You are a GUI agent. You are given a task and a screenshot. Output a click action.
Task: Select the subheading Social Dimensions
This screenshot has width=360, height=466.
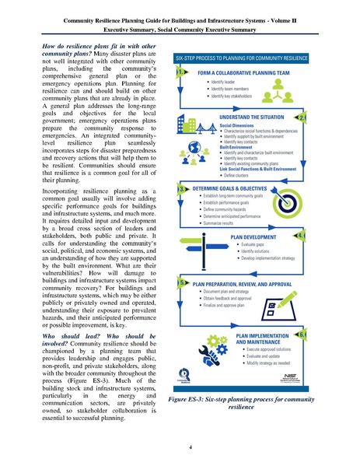point(239,124)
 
